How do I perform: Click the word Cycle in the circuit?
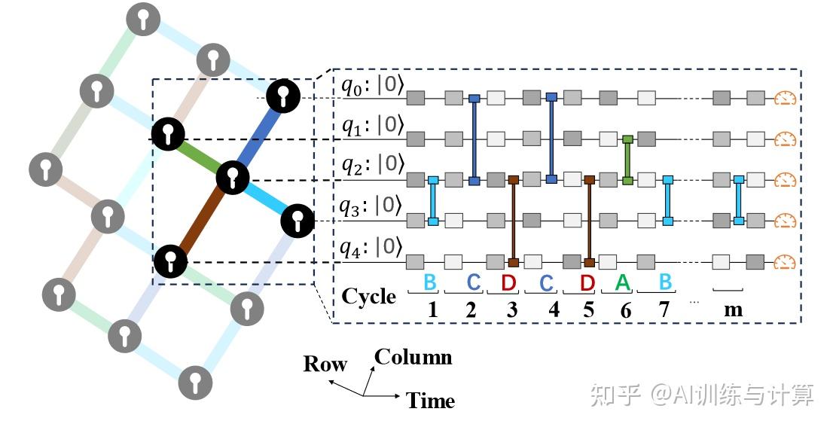368,296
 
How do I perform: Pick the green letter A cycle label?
622,282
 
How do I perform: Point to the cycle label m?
732,310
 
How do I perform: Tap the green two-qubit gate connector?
627,160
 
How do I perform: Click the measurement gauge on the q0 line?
785,97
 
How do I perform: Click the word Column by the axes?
413,357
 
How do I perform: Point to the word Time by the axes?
431,401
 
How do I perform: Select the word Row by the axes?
325,364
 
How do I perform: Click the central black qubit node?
232,178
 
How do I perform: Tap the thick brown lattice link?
202,220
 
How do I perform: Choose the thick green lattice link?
200,156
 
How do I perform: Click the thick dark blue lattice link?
258,137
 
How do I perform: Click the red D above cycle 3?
510,282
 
